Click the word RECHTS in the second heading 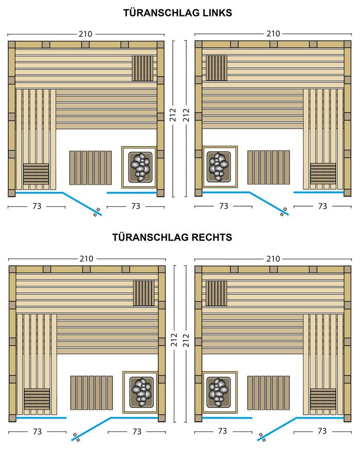212,237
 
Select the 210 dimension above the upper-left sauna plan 85,34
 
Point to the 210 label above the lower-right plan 273,259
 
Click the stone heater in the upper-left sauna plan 139,167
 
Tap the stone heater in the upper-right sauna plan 220,167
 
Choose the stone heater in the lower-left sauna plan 140,392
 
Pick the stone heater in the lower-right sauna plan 220,392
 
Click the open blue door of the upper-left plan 82,204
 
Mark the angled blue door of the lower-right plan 277,429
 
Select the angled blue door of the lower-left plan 91,429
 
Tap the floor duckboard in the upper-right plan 268,167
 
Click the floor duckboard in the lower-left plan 92,392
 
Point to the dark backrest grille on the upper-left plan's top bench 142,68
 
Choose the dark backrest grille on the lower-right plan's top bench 217,293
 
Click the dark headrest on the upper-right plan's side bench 323,174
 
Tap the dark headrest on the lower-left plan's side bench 37,399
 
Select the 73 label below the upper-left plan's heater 135,206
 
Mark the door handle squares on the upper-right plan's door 283,212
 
